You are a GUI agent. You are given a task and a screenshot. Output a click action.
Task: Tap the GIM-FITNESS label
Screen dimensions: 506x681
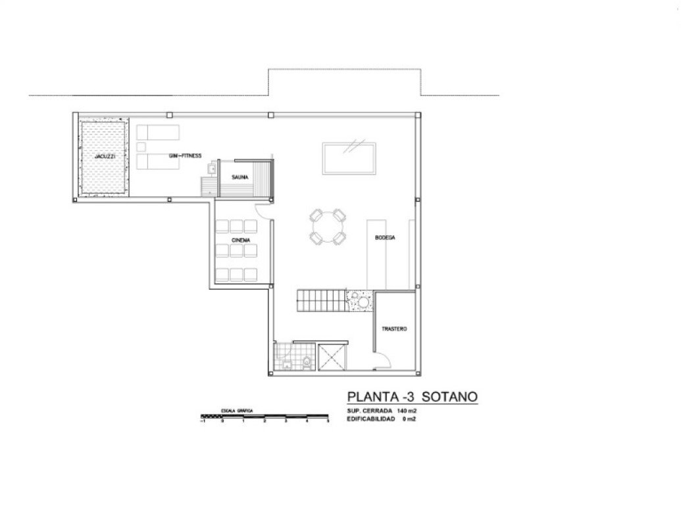pos(185,156)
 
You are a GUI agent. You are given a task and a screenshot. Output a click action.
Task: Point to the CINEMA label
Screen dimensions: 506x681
pos(240,240)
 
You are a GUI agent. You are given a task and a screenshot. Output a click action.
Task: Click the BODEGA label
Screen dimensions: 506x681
pos(385,238)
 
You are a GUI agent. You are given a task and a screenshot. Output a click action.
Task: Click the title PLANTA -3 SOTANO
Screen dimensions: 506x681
pos(412,397)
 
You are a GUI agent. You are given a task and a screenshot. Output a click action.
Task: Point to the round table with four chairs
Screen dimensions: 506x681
pos(328,227)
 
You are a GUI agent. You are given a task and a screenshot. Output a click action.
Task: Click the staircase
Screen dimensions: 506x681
pos(322,302)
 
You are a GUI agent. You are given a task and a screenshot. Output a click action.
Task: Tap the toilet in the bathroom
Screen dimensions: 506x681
pos(307,360)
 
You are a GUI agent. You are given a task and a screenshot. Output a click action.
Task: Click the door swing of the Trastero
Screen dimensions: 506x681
pos(383,360)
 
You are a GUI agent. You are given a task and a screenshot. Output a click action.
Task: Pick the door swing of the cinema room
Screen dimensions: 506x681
pos(263,210)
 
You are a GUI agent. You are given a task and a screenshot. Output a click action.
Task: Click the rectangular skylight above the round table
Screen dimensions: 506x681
pos(349,157)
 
